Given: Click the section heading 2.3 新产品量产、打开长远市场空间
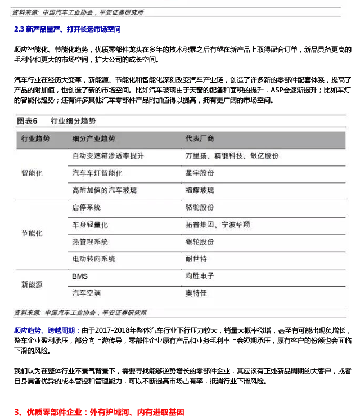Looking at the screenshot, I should [67, 29].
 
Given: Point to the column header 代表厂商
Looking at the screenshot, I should [199, 138].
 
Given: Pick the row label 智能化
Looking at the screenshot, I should [32, 173].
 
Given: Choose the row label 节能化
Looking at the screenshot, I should [32, 233].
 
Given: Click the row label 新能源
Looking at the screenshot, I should [32, 285].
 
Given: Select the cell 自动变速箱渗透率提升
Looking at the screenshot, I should [108, 155].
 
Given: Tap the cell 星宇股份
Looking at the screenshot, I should [199, 173].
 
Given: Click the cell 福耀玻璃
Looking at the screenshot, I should [199, 190].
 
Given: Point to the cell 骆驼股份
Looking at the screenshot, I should [199, 207].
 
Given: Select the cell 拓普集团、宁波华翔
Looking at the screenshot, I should [218, 225].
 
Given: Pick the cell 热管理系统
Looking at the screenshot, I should [90, 242].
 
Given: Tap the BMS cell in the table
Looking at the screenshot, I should [80, 276].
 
